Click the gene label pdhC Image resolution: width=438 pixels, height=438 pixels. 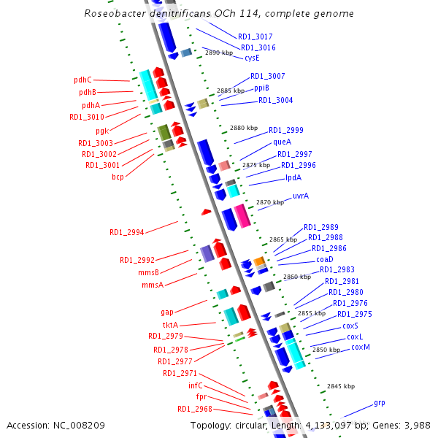click(x=82, y=80)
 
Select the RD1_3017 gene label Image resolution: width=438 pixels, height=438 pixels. click(x=255, y=36)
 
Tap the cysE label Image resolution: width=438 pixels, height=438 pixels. click(x=252, y=58)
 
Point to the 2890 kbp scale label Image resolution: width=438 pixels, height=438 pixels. click(x=219, y=53)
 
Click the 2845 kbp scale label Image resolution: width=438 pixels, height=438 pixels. click(x=340, y=386)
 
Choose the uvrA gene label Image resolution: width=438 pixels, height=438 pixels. click(x=300, y=196)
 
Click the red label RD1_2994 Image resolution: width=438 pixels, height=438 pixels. click(x=126, y=232)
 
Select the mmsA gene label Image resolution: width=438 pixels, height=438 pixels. click(x=153, y=285)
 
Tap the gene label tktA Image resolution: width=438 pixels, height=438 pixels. click(x=169, y=324)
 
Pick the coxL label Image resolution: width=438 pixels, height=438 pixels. click(x=355, y=337)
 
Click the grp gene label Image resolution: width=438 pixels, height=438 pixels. click(x=379, y=402)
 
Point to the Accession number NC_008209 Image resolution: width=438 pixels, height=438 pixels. click(x=55, y=425)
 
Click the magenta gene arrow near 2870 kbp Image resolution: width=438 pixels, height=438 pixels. click(x=241, y=216)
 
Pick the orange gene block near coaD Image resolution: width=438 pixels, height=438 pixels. click(x=258, y=261)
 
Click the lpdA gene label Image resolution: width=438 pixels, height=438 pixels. click(x=293, y=177)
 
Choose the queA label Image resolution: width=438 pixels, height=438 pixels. click(x=282, y=142)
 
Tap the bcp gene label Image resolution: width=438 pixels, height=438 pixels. click(x=118, y=177)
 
